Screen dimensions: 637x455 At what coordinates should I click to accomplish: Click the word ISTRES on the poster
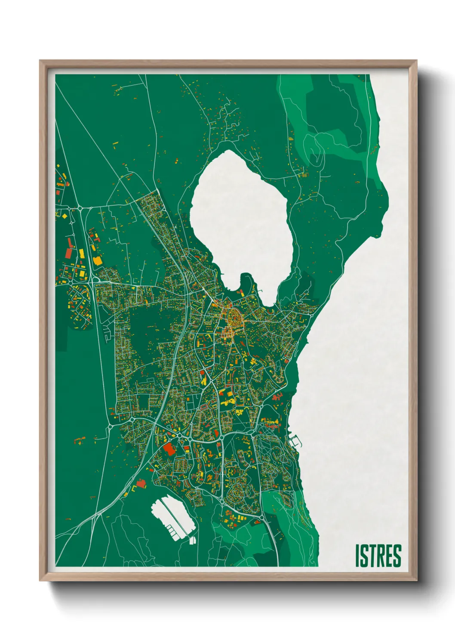(x=378, y=556)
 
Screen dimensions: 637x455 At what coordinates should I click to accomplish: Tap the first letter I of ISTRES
(x=357, y=556)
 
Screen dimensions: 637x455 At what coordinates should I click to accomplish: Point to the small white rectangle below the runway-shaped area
(x=192, y=541)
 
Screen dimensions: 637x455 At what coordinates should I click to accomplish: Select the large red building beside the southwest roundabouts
(x=169, y=449)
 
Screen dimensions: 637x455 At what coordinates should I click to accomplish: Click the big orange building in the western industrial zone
(x=98, y=260)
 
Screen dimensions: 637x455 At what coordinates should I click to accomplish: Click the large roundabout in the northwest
(x=80, y=209)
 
